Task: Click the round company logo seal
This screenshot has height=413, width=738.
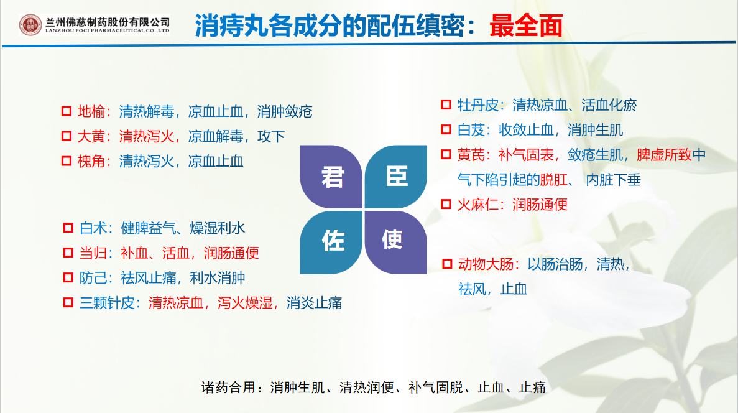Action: click(30, 25)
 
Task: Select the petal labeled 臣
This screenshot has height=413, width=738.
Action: click(396, 177)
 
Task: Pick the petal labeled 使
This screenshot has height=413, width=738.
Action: click(396, 242)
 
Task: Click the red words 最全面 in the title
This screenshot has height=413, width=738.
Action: click(526, 26)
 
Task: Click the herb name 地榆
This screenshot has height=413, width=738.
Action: click(91, 111)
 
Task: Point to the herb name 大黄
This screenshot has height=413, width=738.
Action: click(91, 137)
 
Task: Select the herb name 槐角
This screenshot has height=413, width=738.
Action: click(91, 162)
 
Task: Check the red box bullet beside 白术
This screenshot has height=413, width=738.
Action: click(68, 228)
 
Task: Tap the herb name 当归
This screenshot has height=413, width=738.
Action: click(93, 253)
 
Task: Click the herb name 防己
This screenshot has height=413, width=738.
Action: click(93, 278)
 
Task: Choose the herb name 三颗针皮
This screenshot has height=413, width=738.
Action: click(107, 303)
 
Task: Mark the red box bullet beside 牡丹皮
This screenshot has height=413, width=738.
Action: click(446, 104)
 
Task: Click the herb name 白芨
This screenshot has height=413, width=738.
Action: click(471, 130)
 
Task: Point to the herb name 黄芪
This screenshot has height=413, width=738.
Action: click(471, 155)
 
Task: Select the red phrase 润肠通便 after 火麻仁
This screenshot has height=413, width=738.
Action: click(540, 205)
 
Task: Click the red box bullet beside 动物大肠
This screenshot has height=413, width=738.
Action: click(447, 264)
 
